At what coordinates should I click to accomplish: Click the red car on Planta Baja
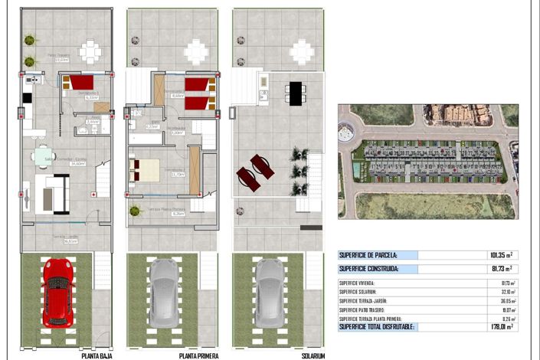57,293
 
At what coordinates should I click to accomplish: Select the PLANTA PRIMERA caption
199,355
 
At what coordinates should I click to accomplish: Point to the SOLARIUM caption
313,355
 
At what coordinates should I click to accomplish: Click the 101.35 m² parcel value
499,255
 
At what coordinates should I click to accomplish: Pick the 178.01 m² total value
499,326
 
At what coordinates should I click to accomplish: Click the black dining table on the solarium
295,93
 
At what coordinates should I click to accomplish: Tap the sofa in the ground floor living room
51,195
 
